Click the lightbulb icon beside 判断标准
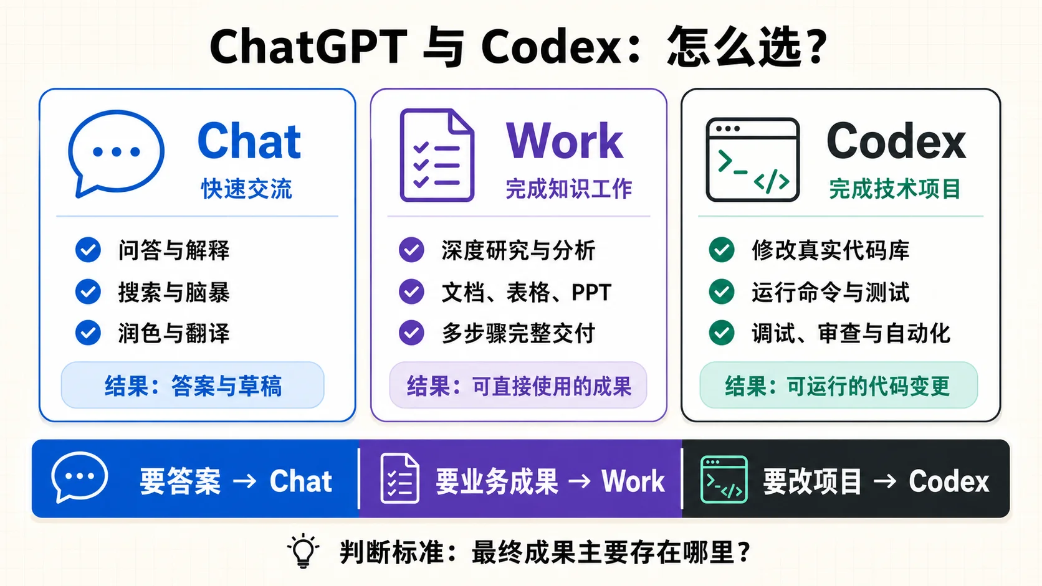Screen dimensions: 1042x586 (x=304, y=551)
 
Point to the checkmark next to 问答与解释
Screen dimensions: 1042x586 (x=88, y=250)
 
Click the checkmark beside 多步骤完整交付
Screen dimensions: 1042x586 (x=411, y=333)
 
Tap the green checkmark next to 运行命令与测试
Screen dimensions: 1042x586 (x=722, y=291)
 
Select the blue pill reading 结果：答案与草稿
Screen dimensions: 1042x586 (x=193, y=385)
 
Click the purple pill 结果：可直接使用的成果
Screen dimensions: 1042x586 (x=519, y=385)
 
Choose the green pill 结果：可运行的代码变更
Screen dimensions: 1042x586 (x=839, y=385)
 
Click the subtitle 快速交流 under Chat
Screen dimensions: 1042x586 (x=247, y=189)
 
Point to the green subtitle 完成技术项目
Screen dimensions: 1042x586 (x=895, y=189)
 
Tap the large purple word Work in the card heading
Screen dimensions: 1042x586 (x=564, y=141)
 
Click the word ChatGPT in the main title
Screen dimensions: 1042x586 (x=308, y=47)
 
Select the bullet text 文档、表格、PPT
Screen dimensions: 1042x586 (x=526, y=292)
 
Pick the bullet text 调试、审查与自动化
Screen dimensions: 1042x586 (x=851, y=333)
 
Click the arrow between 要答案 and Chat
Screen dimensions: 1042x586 (x=245, y=481)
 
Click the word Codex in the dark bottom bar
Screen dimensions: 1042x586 (x=949, y=481)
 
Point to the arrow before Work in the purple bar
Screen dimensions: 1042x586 (x=580, y=481)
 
